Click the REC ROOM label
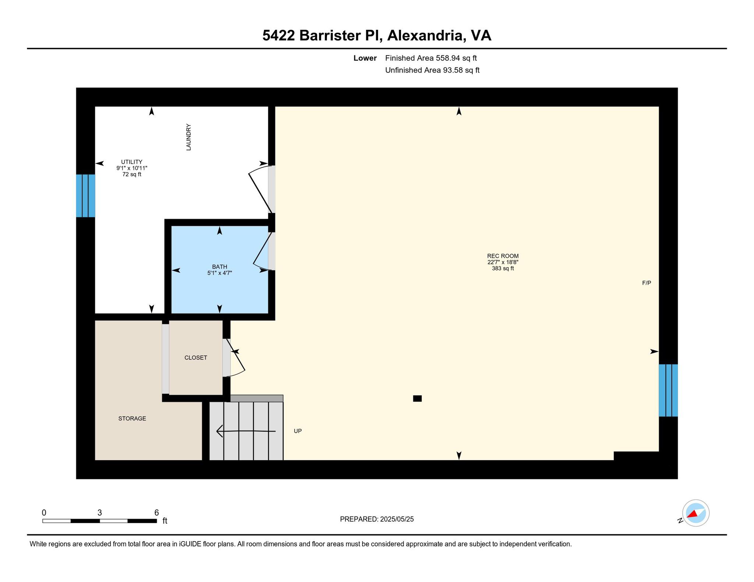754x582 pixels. pyautogui.click(x=503, y=256)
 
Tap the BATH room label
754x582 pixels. pyautogui.click(x=219, y=267)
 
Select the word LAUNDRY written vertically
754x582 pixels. pyautogui.click(x=188, y=137)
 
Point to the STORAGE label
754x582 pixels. pyautogui.click(x=132, y=418)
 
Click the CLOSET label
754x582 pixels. pyautogui.click(x=196, y=358)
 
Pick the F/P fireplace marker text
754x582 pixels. pyautogui.click(x=646, y=283)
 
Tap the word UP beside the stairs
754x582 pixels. pyautogui.click(x=298, y=431)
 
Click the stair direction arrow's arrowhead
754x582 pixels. pyautogui.click(x=219, y=431)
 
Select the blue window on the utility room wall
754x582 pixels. pyautogui.click(x=85, y=196)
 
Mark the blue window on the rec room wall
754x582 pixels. pyautogui.click(x=668, y=390)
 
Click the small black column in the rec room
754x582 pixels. pyautogui.click(x=417, y=398)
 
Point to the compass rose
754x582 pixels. pyautogui.click(x=696, y=513)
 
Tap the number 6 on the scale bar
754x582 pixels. pyautogui.click(x=156, y=512)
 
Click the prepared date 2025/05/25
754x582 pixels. pyautogui.click(x=397, y=519)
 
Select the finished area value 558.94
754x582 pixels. pyautogui.click(x=448, y=58)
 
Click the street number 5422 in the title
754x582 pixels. pyautogui.click(x=279, y=36)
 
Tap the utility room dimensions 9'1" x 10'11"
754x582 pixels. pyautogui.click(x=132, y=168)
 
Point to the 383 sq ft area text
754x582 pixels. pyautogui.click(x=503, y=269)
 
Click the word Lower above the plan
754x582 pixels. pyautogui.click(x=365, y=58)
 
